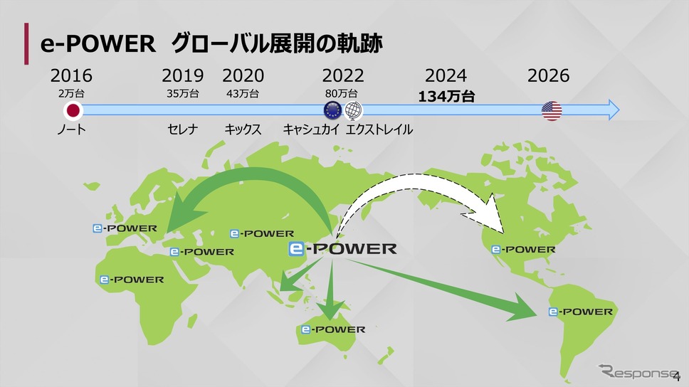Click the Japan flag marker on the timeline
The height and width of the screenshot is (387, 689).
click(73, 110)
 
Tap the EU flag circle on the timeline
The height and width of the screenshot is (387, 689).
click(332, 110)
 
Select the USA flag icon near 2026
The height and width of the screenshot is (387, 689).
click(552, 111)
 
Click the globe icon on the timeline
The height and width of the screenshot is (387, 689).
click(353, 111)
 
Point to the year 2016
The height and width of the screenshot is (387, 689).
click(71, 75)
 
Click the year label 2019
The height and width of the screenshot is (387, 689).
click(183, 75)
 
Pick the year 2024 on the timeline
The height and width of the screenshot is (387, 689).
click(446, 75)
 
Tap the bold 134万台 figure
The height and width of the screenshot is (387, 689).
click(446, 96)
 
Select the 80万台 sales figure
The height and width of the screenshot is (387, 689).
click(342, 94)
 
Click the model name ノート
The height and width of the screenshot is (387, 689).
click(72, 129)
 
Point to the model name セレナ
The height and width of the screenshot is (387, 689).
click(183, 129)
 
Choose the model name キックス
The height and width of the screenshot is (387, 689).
click(243, 129)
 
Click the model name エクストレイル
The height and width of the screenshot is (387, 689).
click(379, 129)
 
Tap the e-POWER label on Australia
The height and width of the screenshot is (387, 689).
click(333, 329)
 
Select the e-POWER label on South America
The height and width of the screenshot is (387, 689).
click(581, 312)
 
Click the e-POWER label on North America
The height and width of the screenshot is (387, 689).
click(523, 250)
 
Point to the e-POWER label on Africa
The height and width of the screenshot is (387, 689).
click(132, 280)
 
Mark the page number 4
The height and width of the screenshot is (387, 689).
click(677, 376)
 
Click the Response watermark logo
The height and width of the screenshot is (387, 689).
click(637, 371)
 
